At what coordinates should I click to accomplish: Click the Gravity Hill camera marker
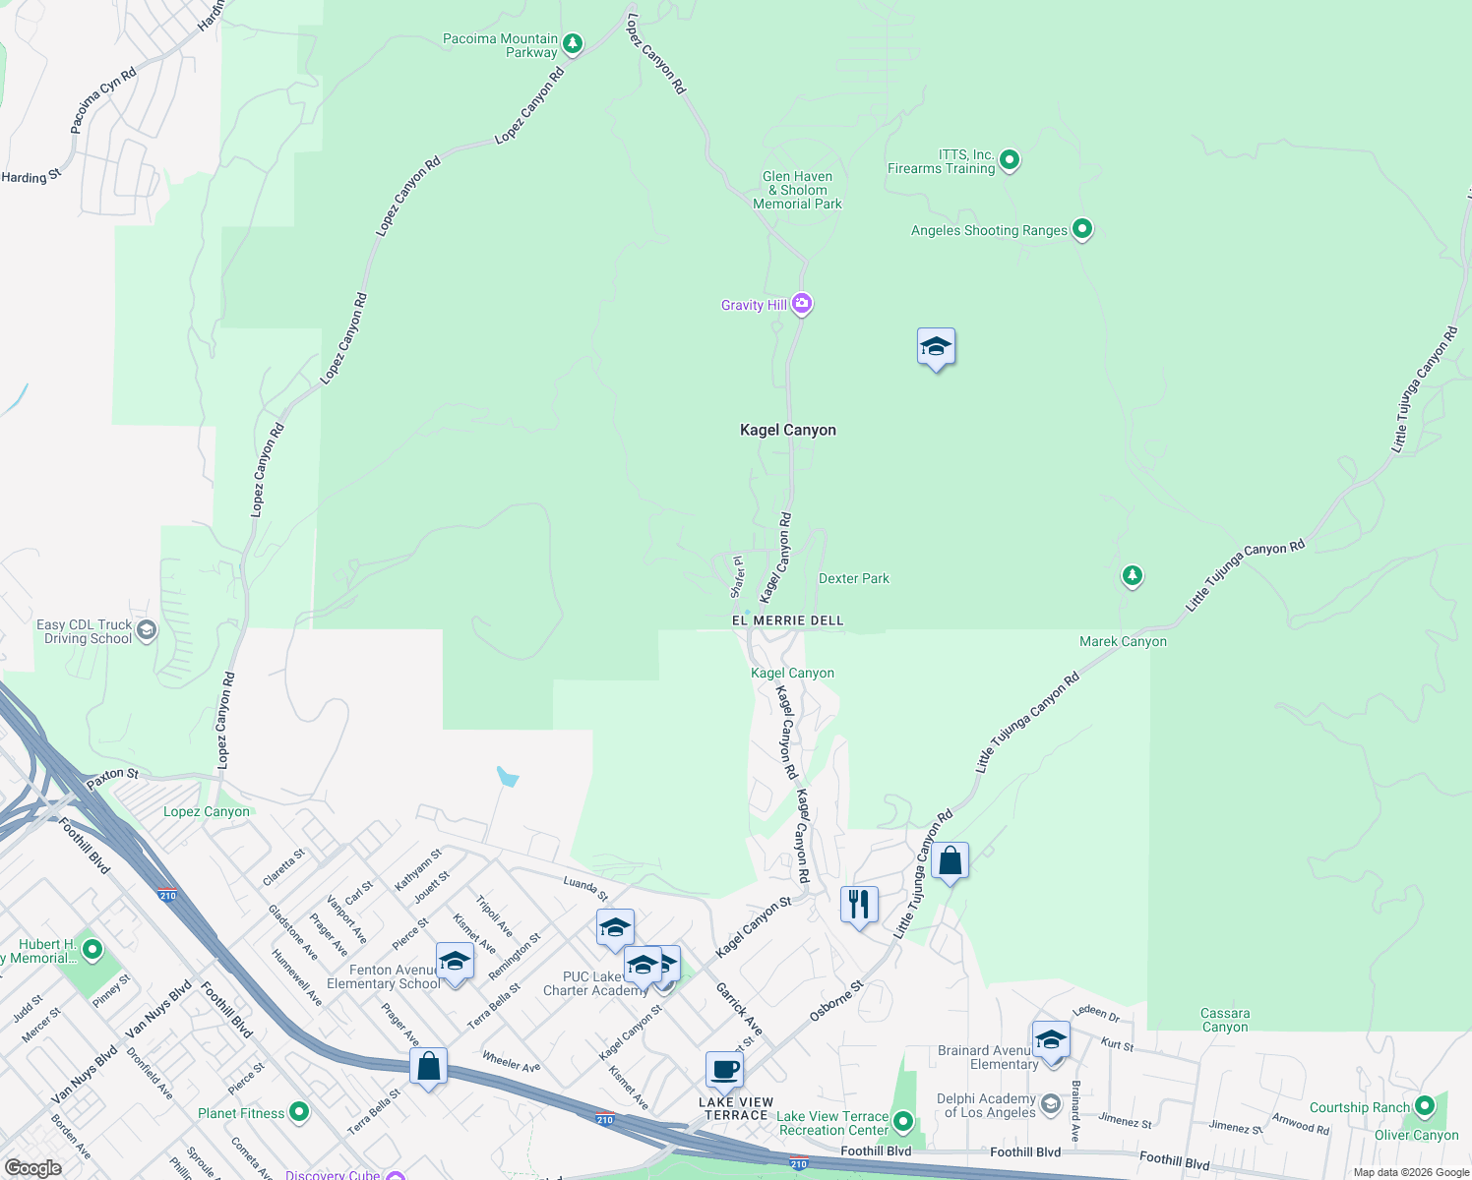(x=802, y=304)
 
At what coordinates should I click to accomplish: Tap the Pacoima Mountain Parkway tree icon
(x=572, y=44)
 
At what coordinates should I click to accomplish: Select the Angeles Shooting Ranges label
(x=989, y=231)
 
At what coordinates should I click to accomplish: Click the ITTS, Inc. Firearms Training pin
(x=1009, y=159)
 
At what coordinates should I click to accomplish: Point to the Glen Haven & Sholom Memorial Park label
(x=797, y=191)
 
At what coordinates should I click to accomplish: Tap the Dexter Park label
(x=854, y=579)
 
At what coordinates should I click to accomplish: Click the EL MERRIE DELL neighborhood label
(x=787, y=621)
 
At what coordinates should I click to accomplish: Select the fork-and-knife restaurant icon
(x=859, y=904)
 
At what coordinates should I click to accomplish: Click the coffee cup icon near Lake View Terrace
(x=724, y=1069)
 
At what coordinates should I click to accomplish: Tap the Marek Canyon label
(x=1123, y=642)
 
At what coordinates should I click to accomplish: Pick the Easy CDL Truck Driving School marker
(x=147, y=630)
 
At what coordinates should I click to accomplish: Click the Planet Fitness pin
(x=299, y=1112)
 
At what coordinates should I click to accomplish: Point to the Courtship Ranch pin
(x=1423, y=1107)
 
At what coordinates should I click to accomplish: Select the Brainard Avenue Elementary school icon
(x=1051, y=1039)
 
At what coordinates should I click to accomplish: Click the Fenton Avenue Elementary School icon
(x=455, y=961)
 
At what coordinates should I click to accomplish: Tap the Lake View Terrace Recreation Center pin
(x=902, y=1122)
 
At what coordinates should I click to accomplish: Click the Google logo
(x=32, y=1168)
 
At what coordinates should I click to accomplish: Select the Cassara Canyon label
(x=1225, y=1021)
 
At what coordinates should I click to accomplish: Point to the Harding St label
(x=31, y=177)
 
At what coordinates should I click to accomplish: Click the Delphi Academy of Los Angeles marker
(x=1051, y=1104)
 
